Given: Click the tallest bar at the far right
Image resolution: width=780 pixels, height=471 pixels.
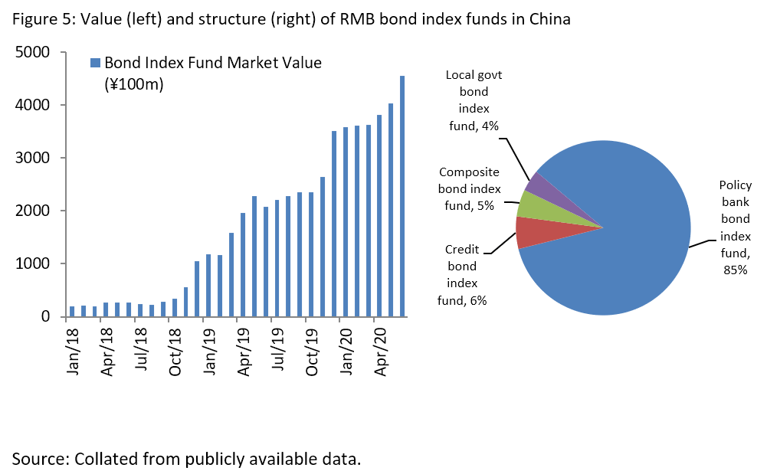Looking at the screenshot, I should [402, 195].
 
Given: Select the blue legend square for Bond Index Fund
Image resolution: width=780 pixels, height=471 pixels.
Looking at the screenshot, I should [95, 63].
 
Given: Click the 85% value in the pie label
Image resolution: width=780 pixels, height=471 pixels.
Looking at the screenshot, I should [736, 270].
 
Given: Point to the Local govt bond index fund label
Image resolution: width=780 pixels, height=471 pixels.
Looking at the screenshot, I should [474, 100].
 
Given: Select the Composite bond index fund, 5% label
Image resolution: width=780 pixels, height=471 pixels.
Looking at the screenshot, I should [469, 189].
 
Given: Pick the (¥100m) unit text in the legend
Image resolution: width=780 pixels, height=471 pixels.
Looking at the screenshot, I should [134, 83].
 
